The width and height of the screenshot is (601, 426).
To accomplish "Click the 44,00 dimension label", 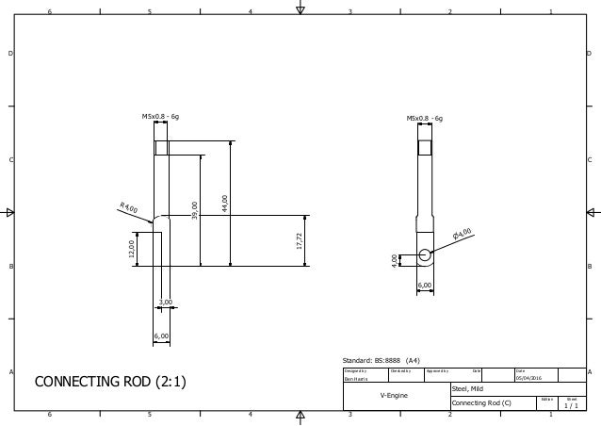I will coord(224,202).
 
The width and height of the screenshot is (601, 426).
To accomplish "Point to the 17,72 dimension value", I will coord(299,240).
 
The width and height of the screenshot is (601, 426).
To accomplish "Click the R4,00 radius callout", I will coord(129,207).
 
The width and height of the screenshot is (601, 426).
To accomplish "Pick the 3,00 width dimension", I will coord(165,302).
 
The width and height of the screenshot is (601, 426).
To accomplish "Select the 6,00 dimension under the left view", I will coord(161,336).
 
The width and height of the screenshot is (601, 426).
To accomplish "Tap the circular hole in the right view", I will coord(425,254).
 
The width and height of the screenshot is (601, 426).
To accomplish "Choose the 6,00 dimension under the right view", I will coord(425,285).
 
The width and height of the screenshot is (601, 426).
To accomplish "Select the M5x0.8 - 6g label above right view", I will coord(425,119).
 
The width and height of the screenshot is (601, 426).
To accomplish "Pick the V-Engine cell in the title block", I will coord(394,395).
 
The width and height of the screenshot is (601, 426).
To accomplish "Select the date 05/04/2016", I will coord(529,377).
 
